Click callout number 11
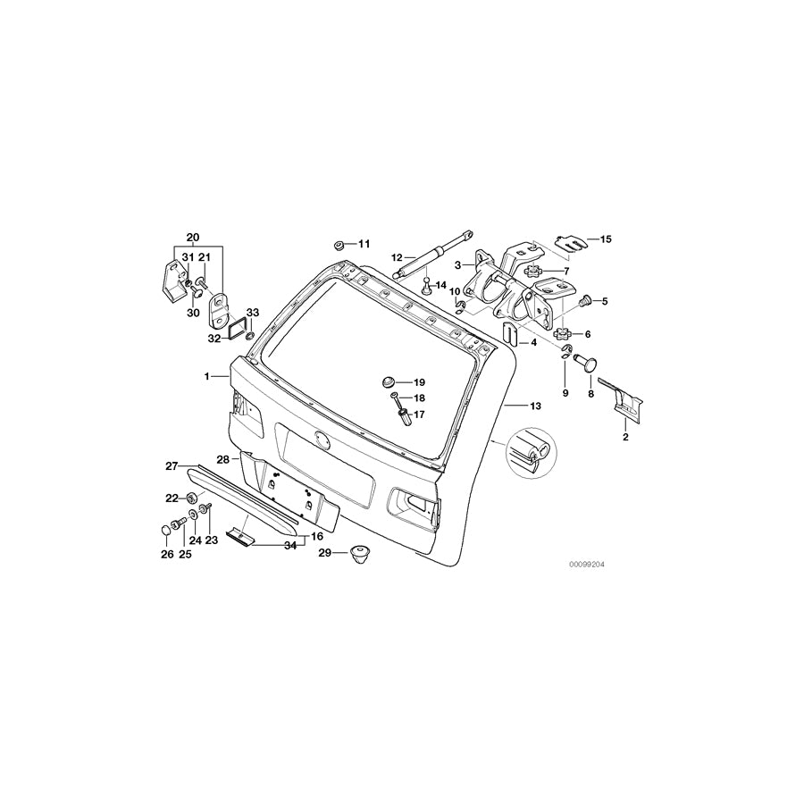point(364,244)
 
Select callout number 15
point(606,239)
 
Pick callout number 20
point(191,237)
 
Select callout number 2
point(625,438)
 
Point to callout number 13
point(535,406)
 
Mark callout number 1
point(207,376)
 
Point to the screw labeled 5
point(587,301)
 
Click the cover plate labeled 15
point(568,240)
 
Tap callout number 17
point(418,414)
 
